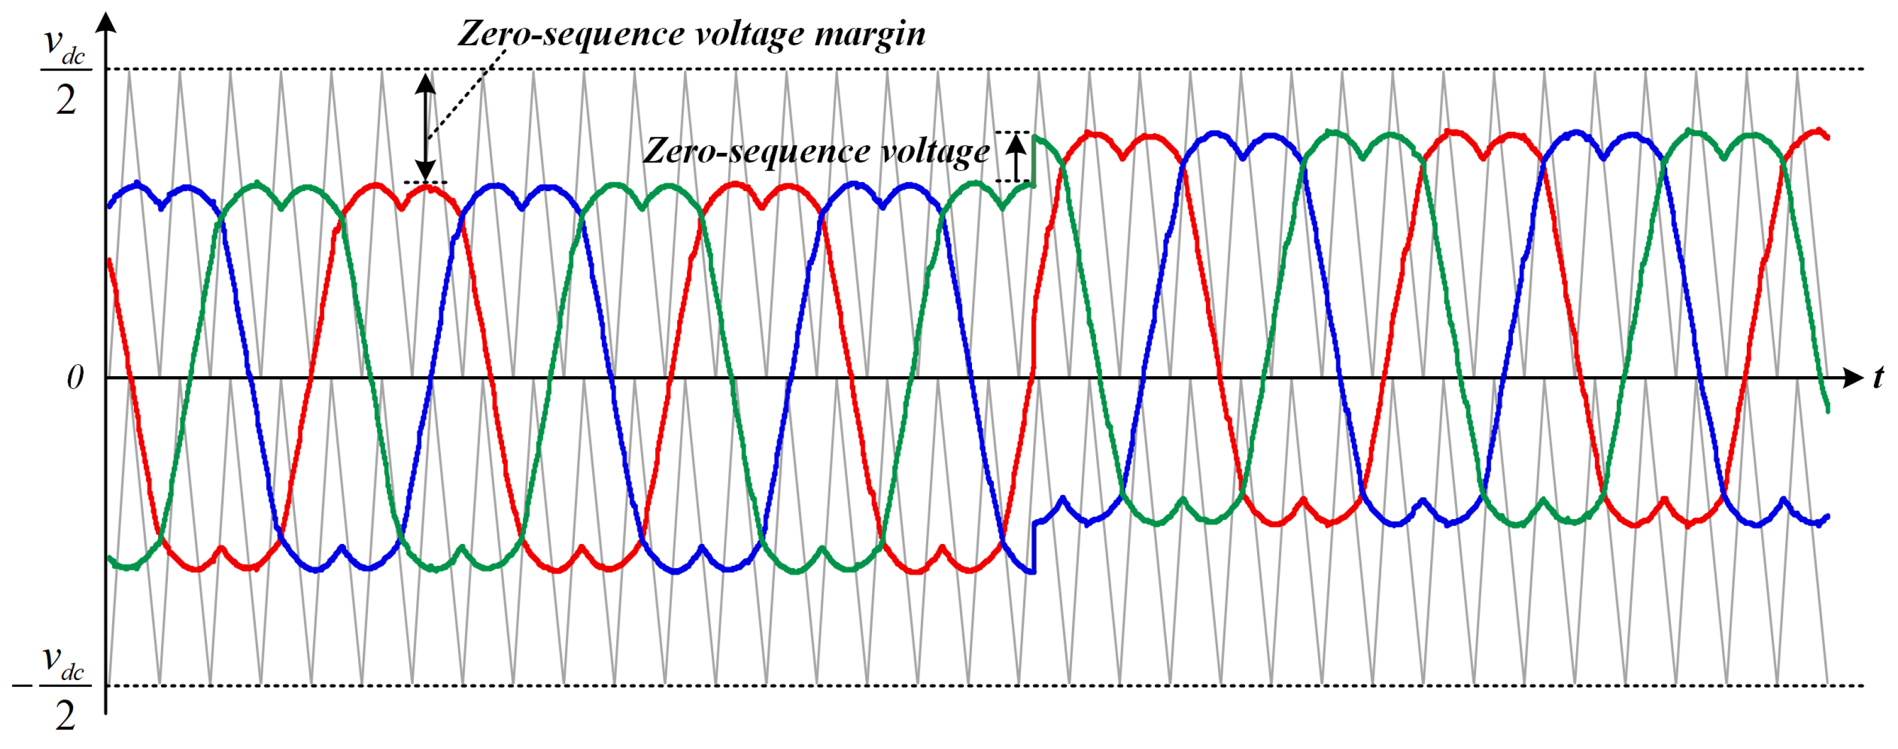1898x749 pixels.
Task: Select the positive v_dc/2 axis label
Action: (66, 71)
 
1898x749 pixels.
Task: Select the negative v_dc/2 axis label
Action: (64, 687)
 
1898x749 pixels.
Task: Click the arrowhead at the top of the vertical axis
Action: (107, 22)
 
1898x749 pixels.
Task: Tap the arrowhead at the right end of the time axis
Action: (1853, 378)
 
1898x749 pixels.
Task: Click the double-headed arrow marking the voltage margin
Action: (425, 127)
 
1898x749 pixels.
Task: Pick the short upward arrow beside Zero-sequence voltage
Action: (1016, 157)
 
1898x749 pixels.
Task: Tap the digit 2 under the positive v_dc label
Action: (66, 101)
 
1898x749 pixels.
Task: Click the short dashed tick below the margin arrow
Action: (425, 182)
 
